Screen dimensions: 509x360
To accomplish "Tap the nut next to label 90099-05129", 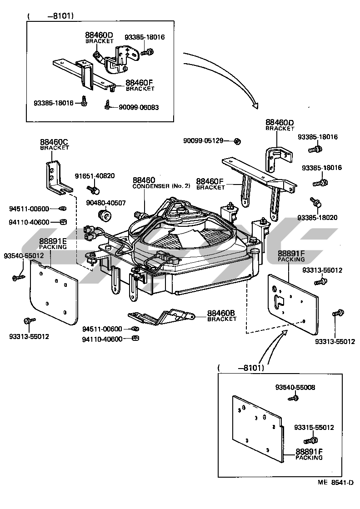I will (237, 141).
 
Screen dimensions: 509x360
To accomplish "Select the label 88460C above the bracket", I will (54, 142).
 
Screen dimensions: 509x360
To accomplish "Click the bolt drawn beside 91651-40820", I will (94, 188).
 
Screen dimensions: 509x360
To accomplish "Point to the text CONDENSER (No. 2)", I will (157, 186).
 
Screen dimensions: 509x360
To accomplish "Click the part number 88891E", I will (53, 241).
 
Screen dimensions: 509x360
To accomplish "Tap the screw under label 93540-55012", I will (19, 276).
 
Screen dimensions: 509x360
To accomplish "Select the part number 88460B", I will (222, 313).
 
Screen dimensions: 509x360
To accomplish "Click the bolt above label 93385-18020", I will (314, 201).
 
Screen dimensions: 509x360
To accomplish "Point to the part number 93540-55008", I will (295, 388).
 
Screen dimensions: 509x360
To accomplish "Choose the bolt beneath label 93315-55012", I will (311, 439).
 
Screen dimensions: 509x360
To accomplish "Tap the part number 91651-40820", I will (95, 176).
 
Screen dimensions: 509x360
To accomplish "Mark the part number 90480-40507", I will (107, 203).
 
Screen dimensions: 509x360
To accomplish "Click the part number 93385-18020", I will (318, 218).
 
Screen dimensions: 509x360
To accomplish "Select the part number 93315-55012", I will (314, 428).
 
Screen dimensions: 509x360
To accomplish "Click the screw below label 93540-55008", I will (294, 398).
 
